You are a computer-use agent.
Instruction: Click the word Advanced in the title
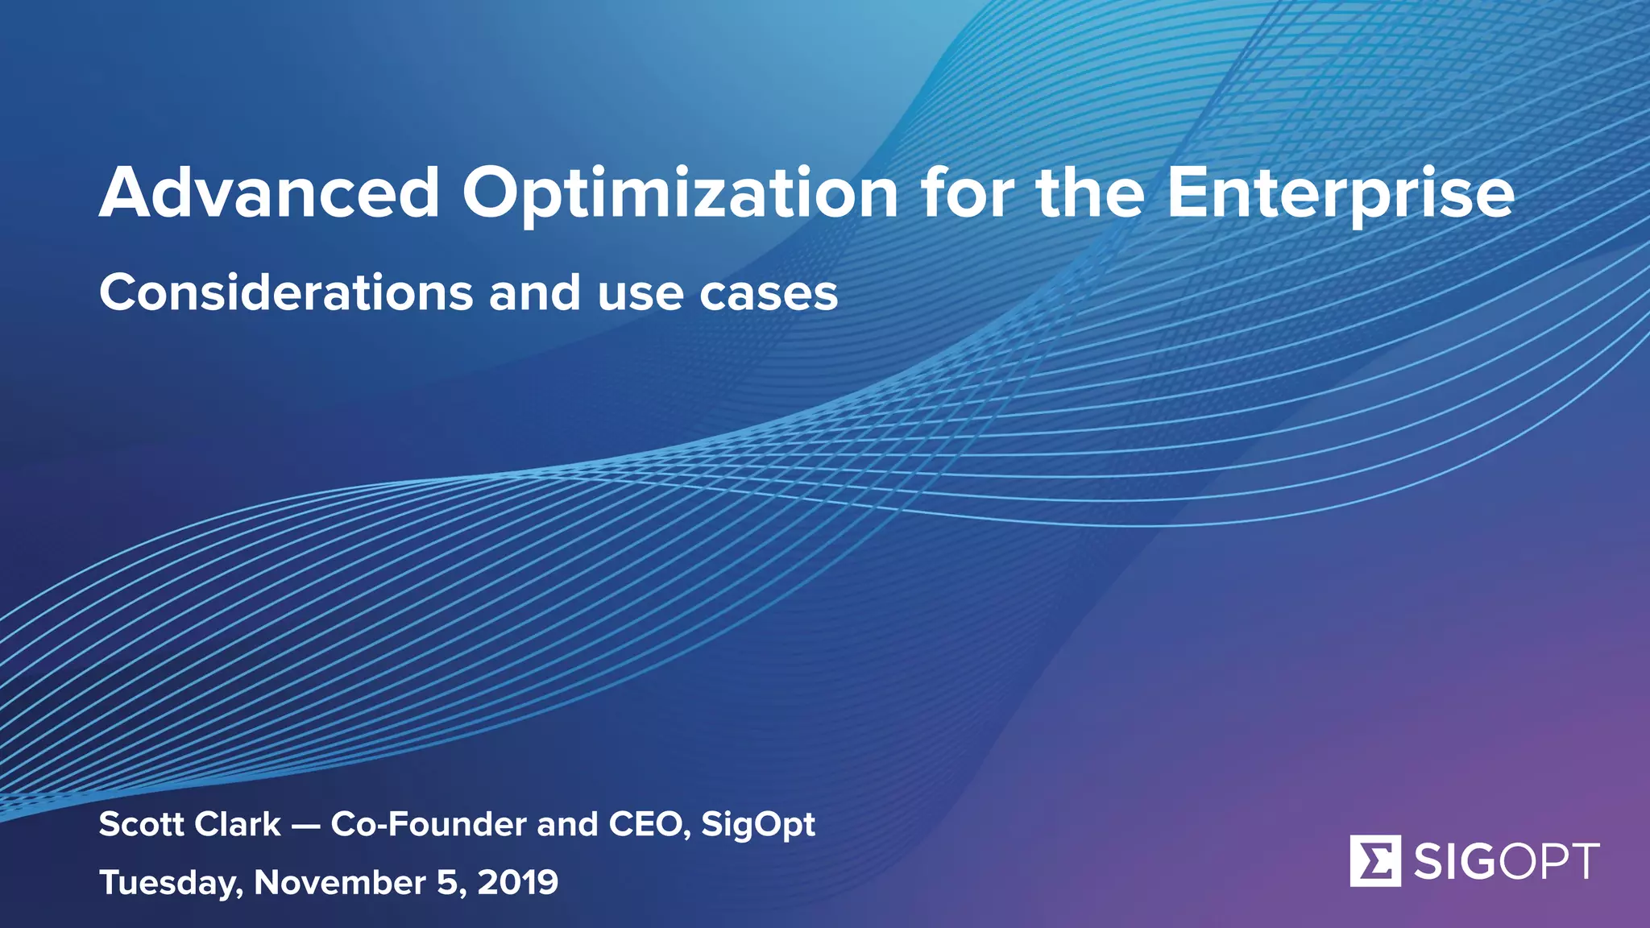269,193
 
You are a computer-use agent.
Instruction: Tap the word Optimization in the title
679,195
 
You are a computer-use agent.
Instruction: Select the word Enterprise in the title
1340,195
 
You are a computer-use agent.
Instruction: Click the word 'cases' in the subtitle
768,294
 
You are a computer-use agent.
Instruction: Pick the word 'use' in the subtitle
641,294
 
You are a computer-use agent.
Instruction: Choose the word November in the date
339,882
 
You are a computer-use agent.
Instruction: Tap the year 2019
518,882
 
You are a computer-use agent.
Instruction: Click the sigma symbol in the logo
1375,861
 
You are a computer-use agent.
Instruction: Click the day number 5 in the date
446,882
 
